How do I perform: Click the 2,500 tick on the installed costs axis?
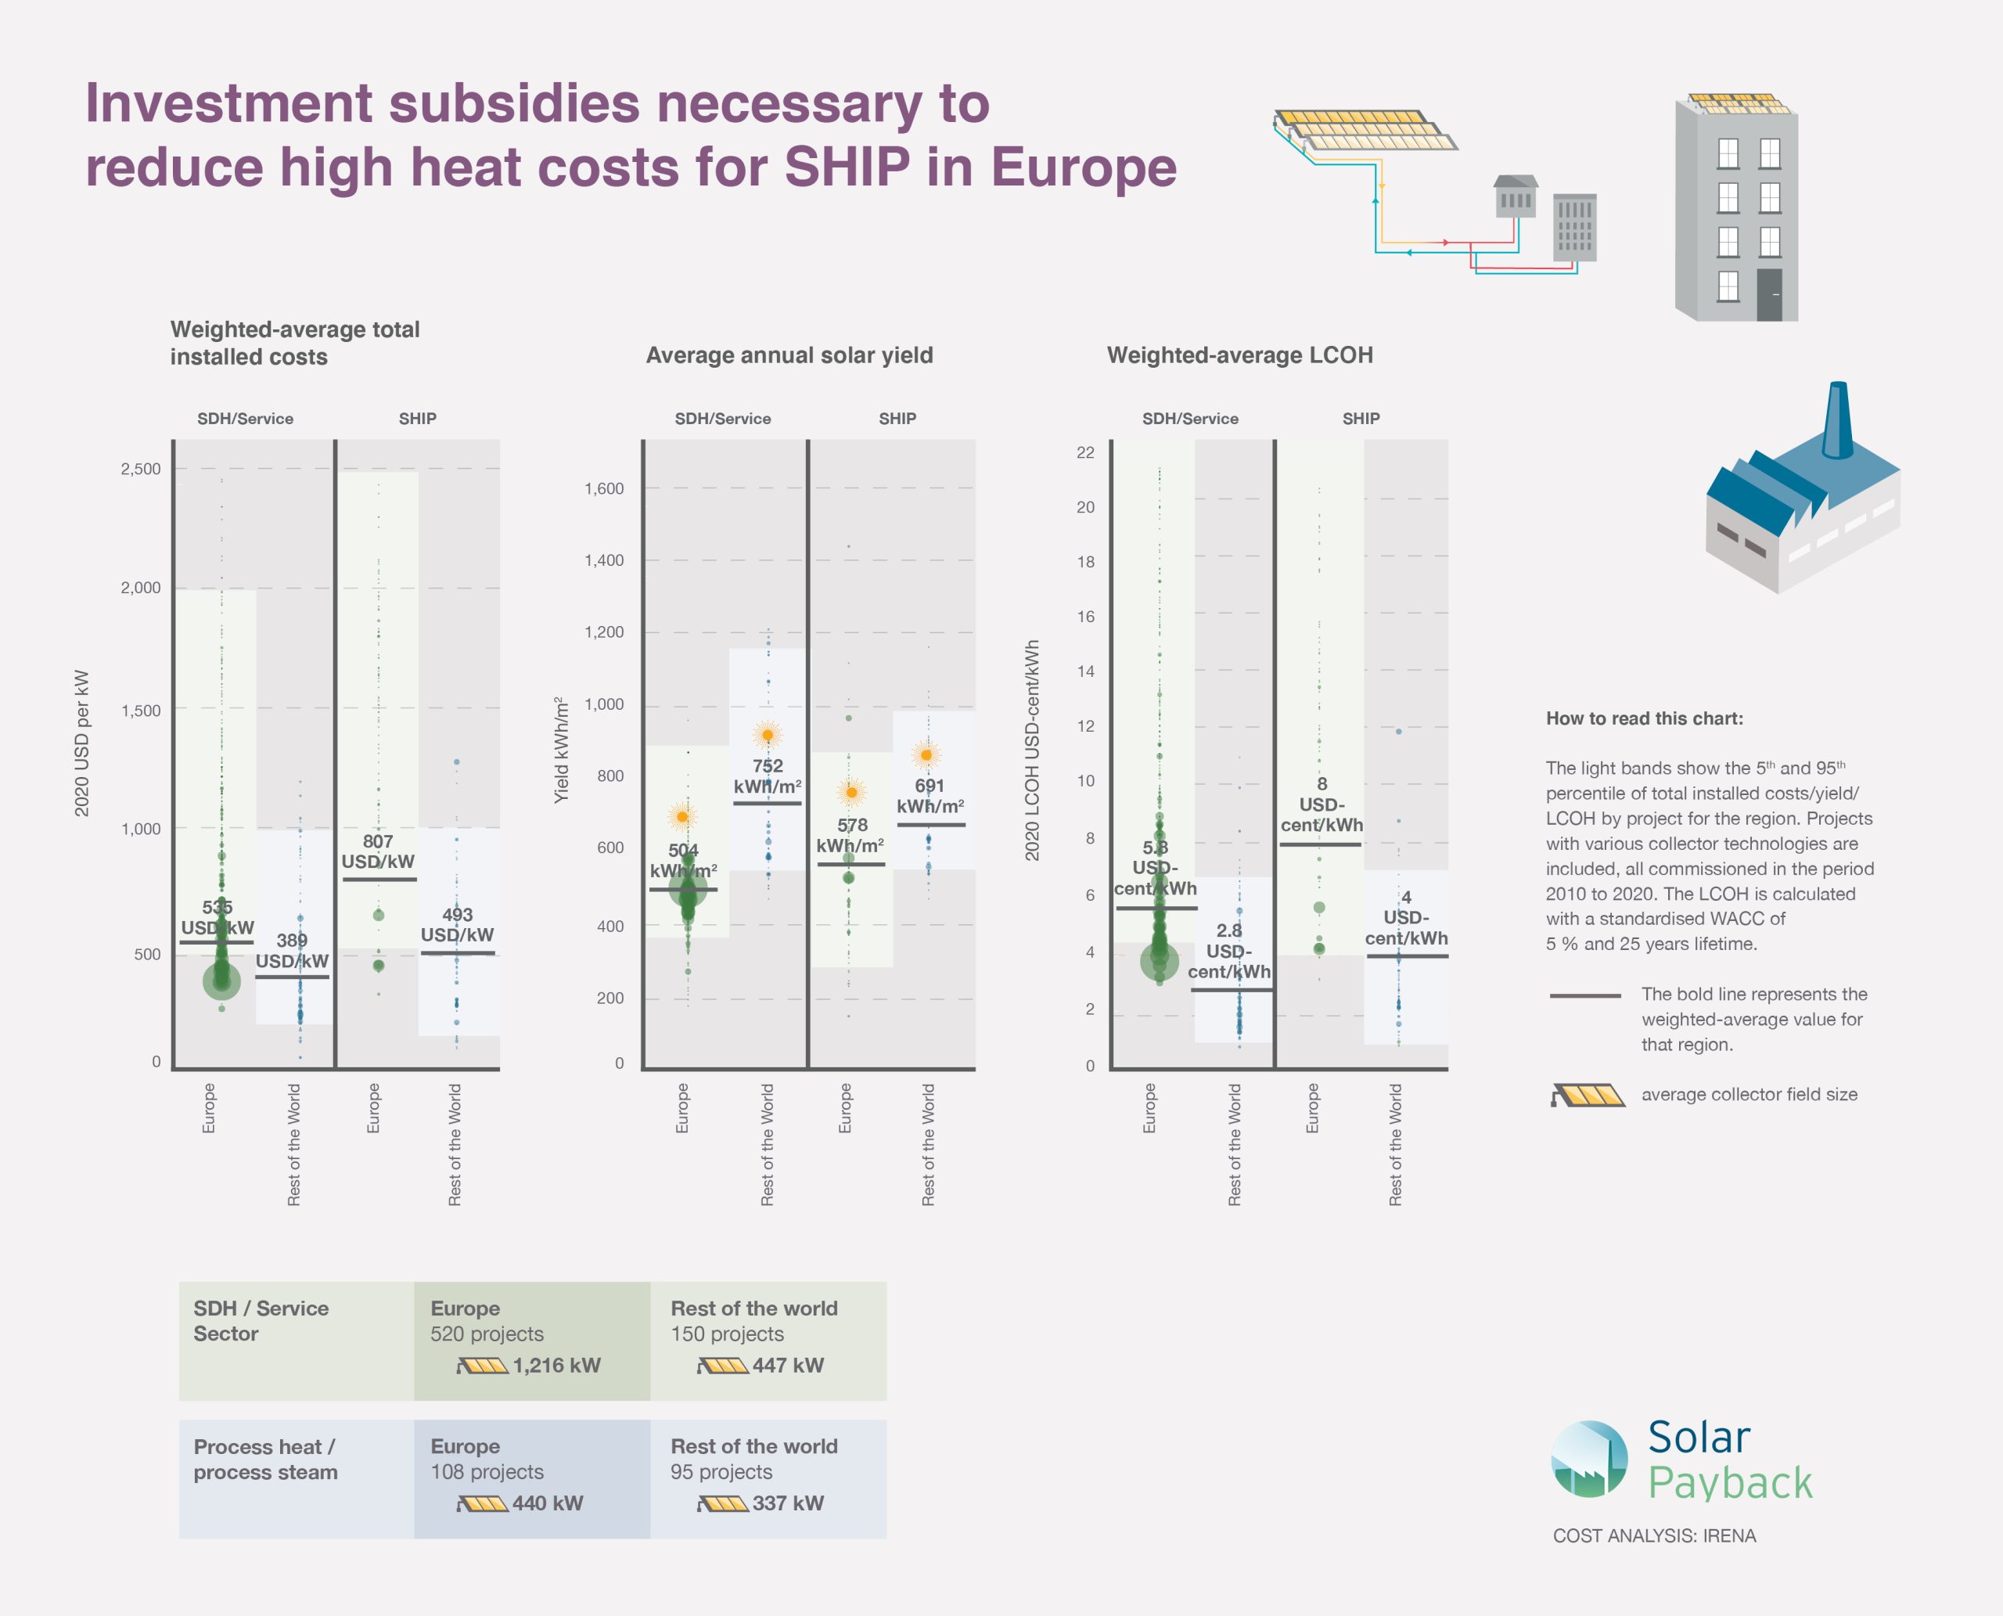pyautogui.click(x=141, y=470)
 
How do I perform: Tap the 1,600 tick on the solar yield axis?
pyautogui.click(x=604, y=488)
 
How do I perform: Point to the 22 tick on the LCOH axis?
pyautogui.click(x=1085, y=453)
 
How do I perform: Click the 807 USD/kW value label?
pyautogui.click(x=378, y=851)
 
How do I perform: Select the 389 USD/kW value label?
pyautogui.click(x=293, y=950)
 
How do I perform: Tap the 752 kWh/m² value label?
pyautogui.click(x=767, y=776)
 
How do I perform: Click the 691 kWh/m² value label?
pyautogui.click(x=930, y=796)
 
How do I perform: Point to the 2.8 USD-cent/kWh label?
pyautogui.click(x=1228, y=950)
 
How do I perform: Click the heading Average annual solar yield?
pyautogui.click(x=789, y=355)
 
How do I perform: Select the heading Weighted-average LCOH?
pyautogui.click(x=1240, y=355)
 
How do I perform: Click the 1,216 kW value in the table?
pyautogui.click(x=556, y=1366)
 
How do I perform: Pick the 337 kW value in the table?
pyautogui.click(x=787, y=1503)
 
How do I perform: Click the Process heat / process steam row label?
pyautogui.click(x=265, y=1459)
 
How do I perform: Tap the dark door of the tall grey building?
pyautogui.click(x=1769, y=295)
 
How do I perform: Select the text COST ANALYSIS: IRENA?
pyautogui.click(x=1654, y=1536)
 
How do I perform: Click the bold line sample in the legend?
pyautogui.click(x=1585, y=995)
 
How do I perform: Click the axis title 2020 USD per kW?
pyautogui.click(x=82, y=743)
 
